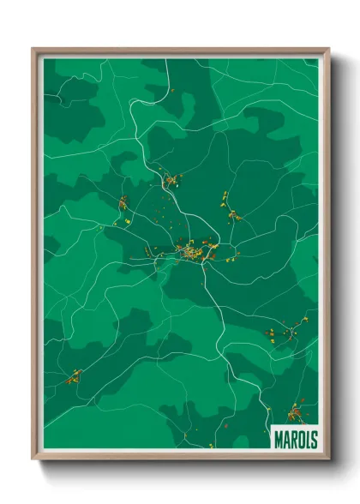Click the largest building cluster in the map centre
coord(193,251)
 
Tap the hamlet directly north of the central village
coord(171,181)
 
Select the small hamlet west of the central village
coord(123,204)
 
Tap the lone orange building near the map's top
coord(171,89)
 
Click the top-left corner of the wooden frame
coord(33,50)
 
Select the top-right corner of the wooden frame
coord(327,50)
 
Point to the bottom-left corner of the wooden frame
coord(33,459)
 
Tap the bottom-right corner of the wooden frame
coord(327,459)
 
